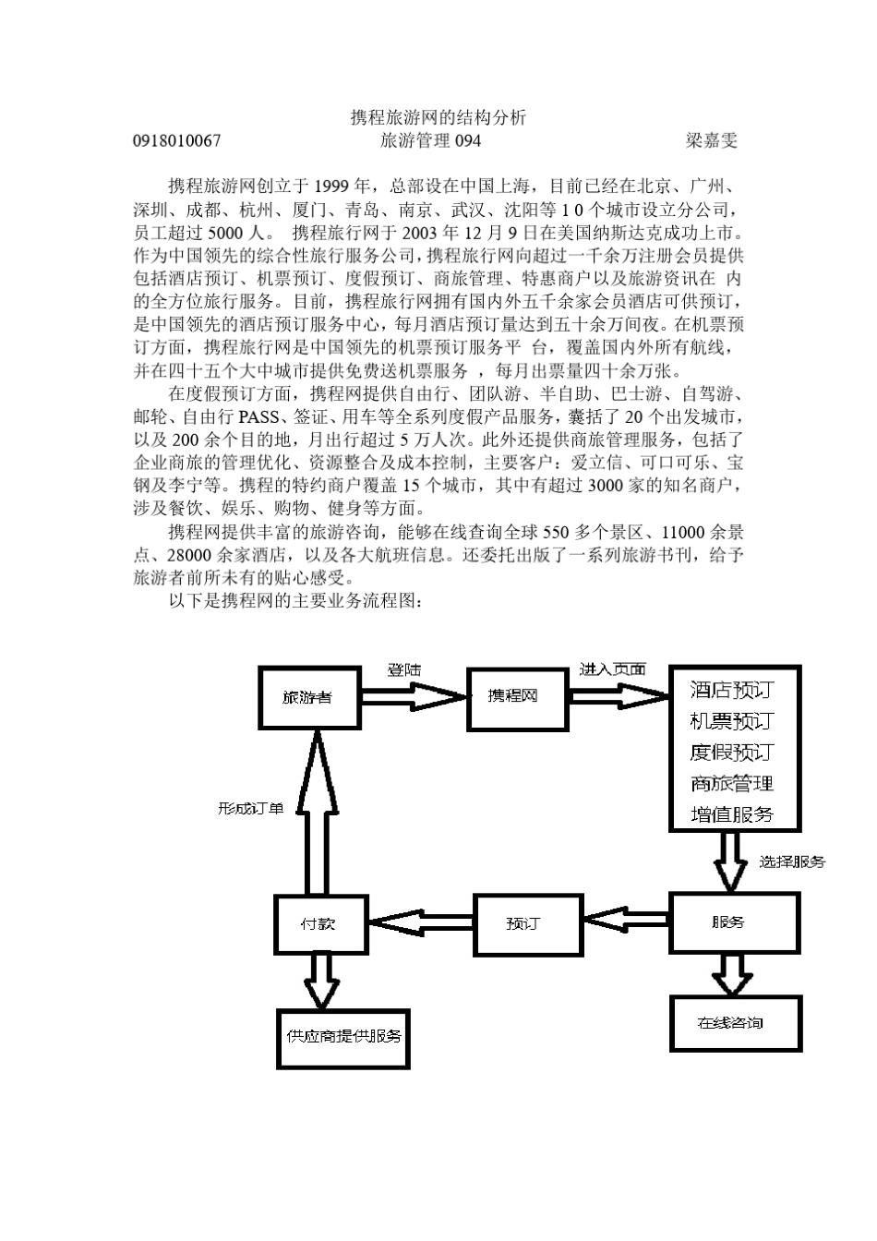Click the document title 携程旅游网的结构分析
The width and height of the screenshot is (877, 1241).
(x=438, y=117)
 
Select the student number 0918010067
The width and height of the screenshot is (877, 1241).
(x=177, y=140)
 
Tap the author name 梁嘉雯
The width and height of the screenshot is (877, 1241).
(x=711, y=140)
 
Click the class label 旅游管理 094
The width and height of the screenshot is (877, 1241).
(x=430, y=140)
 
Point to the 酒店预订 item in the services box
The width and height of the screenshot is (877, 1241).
(x=731, y=690)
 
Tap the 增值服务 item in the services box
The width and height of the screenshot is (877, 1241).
(x=731, y=813)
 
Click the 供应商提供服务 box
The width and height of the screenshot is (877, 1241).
(x=343, y=1036)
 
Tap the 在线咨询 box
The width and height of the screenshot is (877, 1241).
(x=734, y=1023)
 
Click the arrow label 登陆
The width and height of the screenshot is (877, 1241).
(x=403, y=669)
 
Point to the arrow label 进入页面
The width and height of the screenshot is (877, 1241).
(x=612, y=669)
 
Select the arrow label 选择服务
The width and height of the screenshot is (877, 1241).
(x=792, y=861)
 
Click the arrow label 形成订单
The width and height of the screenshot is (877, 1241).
(x=250, y=808)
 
